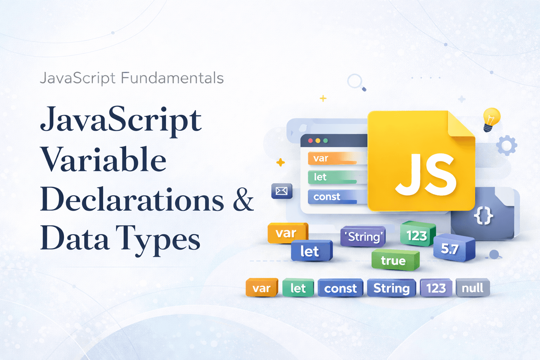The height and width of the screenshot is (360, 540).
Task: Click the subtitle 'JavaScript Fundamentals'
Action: (x=132, y=78)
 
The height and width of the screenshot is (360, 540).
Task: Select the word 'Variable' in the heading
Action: (x=103, y=160)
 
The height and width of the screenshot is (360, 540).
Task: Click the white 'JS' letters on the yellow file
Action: (x=426, y=175)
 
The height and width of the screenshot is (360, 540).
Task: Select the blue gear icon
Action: (x=507, y=145)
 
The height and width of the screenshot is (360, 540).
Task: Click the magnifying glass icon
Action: (x=356, y=82)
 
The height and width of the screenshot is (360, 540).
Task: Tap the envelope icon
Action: (x=282, y=191)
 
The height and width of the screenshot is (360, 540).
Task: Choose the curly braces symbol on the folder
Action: (x=484, y=216)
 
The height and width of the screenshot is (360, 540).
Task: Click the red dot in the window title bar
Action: (x=310, y=141)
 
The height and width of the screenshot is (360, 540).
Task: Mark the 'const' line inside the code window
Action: (x=332, y=197)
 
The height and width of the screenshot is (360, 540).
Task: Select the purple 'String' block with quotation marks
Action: (x=363, y=237)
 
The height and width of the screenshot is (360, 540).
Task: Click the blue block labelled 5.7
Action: (x=453, y=248)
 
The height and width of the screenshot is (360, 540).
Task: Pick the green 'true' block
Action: (x=394, y=260)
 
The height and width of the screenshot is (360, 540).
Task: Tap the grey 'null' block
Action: (x=472, y=288)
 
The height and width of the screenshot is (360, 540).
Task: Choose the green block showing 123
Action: (x=417, y=235)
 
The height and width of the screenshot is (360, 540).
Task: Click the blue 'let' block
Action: (x=311, y=251)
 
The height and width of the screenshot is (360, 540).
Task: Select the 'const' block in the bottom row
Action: (x=340, y=288)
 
